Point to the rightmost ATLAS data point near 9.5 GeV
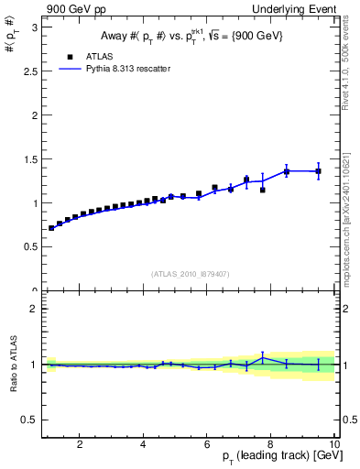pos(319,171)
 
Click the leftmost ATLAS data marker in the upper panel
pos(51,228)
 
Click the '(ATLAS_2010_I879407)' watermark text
pos(191,274)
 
